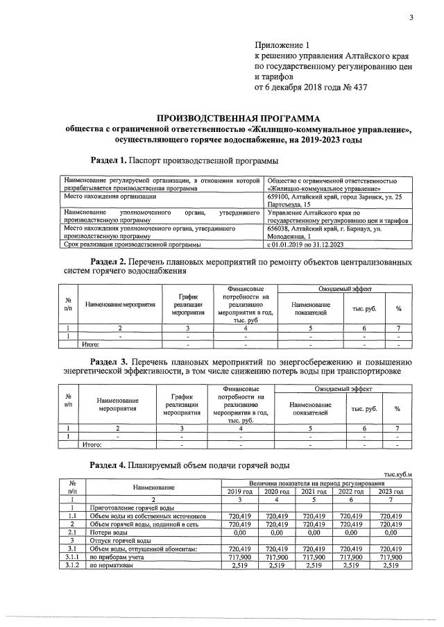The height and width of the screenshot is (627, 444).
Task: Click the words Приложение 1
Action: [284, 44]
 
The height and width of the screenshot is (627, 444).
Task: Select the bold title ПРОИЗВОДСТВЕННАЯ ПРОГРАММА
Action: [235, 117]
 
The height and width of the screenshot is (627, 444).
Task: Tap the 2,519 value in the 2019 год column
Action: [239, 566]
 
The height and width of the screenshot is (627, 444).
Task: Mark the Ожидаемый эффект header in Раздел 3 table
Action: [343, 390]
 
